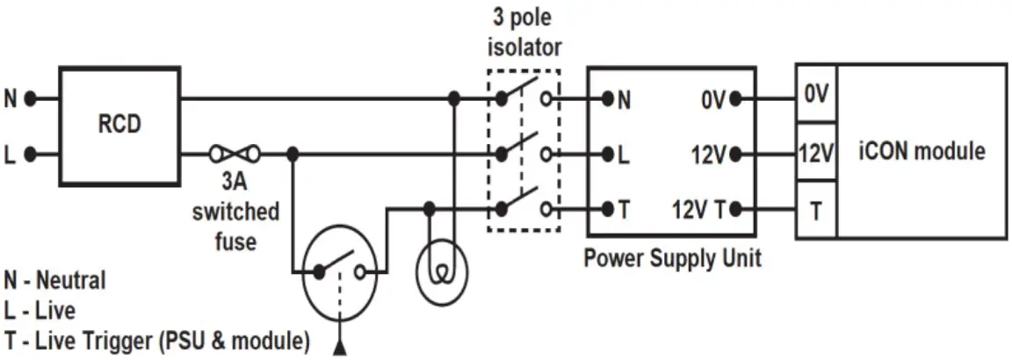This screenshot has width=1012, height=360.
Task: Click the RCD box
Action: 119,125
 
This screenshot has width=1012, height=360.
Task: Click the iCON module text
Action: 921,151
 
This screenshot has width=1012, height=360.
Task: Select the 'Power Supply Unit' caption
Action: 672,259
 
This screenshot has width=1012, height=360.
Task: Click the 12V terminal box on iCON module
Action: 816,153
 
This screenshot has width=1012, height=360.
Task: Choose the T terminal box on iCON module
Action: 816,210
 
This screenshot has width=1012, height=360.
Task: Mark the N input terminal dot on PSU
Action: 607,99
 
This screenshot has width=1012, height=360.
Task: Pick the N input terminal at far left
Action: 30,99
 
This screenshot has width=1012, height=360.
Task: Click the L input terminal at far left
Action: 30,155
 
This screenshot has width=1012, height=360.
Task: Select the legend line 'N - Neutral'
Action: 54,281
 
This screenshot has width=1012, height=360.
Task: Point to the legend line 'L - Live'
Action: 40,311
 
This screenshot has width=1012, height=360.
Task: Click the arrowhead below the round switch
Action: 339,349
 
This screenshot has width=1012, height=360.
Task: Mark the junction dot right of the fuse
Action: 293,155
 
